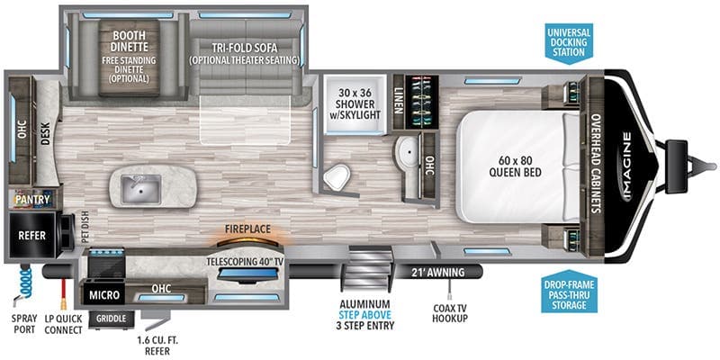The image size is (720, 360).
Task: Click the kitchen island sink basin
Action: (141, 189)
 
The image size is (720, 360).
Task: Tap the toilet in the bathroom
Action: (337, 177)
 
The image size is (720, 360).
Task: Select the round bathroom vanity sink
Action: (408, 151)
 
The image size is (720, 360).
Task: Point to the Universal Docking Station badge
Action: (569, 42)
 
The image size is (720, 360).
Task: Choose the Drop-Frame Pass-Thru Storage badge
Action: (570, 292)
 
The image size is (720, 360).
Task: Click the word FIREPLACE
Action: (247, 229)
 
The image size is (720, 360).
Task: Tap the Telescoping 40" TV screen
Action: (247, 274)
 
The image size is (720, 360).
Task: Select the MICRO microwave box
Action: (103, 294)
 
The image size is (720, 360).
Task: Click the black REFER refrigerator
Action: (32, 235)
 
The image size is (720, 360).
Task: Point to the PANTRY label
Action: (32, 199)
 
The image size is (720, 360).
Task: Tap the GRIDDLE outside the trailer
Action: (111, 319)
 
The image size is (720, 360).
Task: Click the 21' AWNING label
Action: (436, 273)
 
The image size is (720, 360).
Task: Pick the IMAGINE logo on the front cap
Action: (627, 166)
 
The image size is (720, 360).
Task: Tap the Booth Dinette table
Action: (129, 58)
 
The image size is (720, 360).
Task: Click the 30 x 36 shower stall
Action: (355, 104)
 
